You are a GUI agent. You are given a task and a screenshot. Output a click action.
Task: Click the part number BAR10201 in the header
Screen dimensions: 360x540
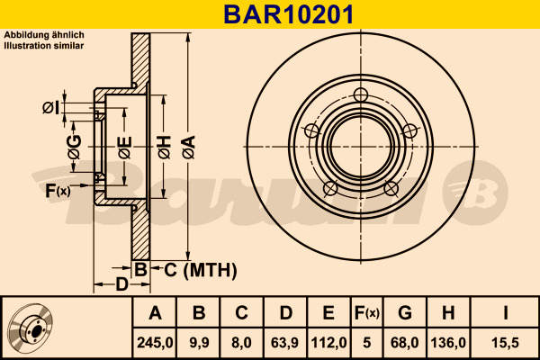click(x=270, y=13)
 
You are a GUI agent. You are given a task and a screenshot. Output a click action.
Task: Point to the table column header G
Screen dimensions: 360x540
click(x=405, y=313)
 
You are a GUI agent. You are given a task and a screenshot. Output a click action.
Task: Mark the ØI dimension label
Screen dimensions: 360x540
click(x=51, y=108)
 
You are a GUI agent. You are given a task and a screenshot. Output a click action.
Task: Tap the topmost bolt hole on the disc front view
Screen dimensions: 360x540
click(x=361, y=95)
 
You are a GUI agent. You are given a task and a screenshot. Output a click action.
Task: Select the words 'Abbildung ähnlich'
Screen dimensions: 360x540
click(x=44, y=34)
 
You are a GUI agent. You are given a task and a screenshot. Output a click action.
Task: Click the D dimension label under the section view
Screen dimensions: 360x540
click(x=121, y=285)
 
